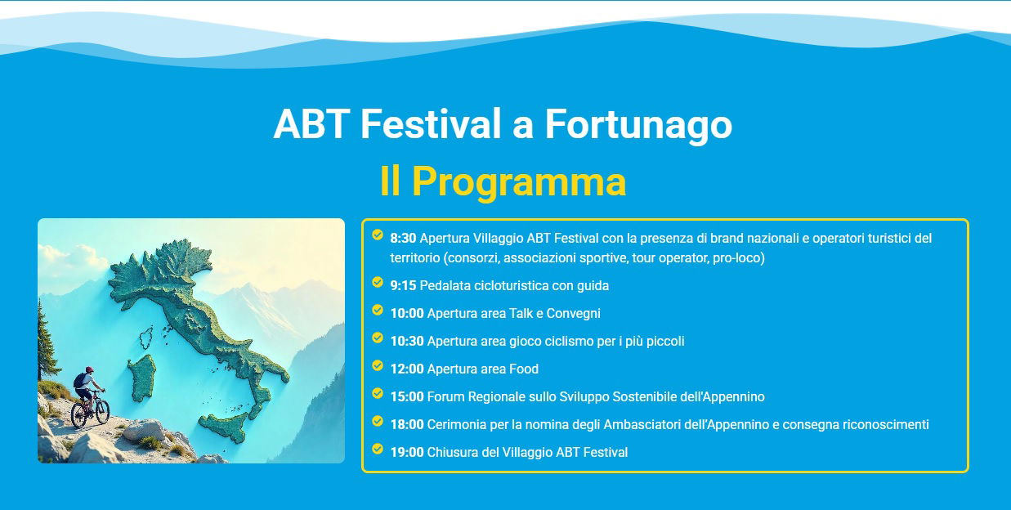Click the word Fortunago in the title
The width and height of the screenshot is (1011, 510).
(638, 124)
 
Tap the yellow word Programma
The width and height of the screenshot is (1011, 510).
(519, 181)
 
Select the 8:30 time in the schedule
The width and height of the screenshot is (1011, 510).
(403, 239)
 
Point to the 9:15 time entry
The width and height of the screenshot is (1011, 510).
(403, 286)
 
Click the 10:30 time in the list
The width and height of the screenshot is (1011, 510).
(407, 341)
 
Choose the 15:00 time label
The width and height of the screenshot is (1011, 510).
(407, 396)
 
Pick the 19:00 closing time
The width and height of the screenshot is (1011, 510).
(407, 452)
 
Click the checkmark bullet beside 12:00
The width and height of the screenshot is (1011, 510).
(378, 365)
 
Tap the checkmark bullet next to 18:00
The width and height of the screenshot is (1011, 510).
(378, 421)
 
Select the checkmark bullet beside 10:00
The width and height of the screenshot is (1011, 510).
(378, 310)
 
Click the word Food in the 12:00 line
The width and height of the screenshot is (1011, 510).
(524, 369)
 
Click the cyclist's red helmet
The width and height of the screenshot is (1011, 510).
(89, 369)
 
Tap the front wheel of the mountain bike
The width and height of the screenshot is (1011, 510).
(102, 411)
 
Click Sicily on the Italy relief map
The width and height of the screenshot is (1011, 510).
(224, 427)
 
